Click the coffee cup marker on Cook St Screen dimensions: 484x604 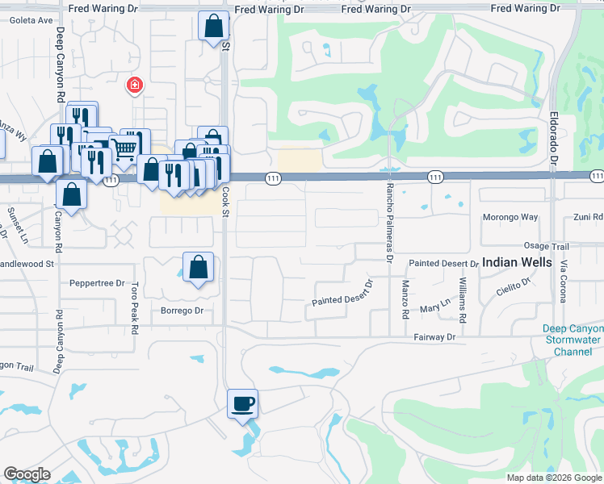[242, 403]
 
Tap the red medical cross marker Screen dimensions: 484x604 [134, 85]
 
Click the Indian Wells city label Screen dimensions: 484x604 [518, 262]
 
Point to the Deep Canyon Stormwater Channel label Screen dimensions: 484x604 [572, 340]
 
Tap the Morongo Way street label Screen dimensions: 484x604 [510, 217]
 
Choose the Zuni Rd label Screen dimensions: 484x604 [587, 217]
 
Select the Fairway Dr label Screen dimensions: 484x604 [435, 336]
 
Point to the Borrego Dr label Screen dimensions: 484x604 [181, 311]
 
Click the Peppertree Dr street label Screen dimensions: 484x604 [97, 284]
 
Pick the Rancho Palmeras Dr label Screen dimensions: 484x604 [388, 223]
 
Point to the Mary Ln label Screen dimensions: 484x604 [434, 309]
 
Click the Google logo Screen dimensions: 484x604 [27, 474]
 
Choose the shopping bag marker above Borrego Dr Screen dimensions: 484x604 [198, 267]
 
